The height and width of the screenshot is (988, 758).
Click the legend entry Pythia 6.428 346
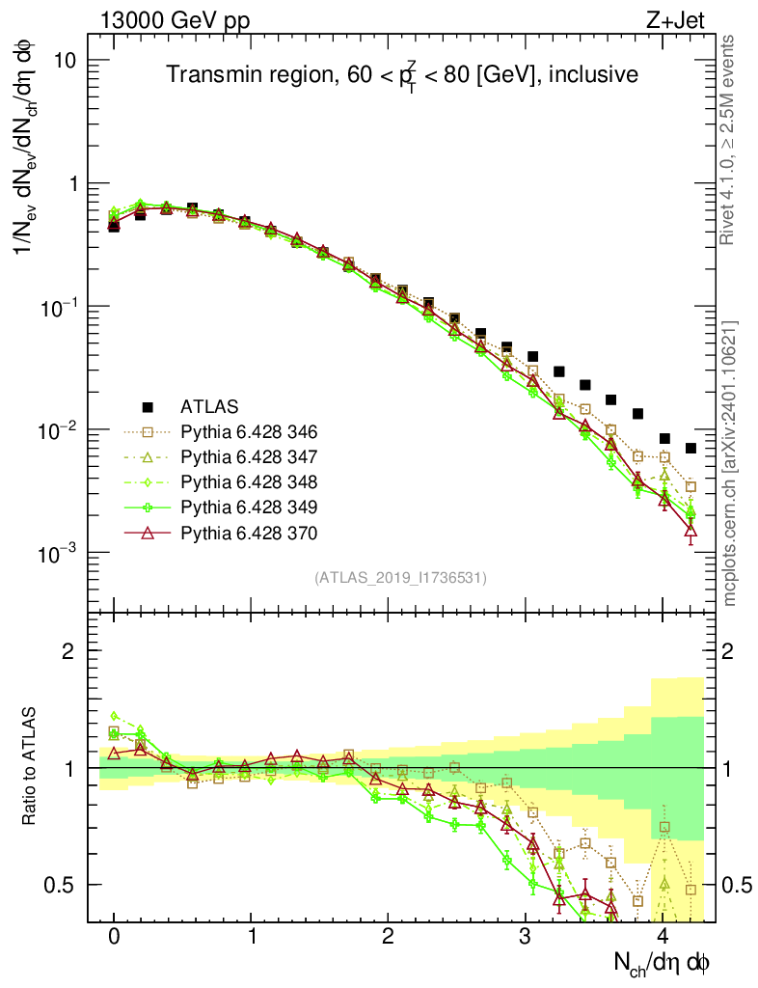[250, 430]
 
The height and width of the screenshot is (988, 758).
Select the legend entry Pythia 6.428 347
[250, 455]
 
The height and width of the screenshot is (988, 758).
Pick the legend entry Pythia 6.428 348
[250, 481]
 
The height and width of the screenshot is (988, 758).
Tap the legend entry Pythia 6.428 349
[250, 507]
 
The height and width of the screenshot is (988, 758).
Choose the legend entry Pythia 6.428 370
[250, 533]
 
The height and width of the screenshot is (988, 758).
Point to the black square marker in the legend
[148, 405]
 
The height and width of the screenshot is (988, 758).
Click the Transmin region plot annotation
[401, 75]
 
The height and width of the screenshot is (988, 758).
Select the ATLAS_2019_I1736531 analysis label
[400, 578]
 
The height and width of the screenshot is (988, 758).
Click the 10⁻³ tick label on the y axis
[57, 553]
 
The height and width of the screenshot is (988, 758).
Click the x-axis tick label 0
[114, 937]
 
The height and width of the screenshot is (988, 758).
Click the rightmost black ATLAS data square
[690, 448]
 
